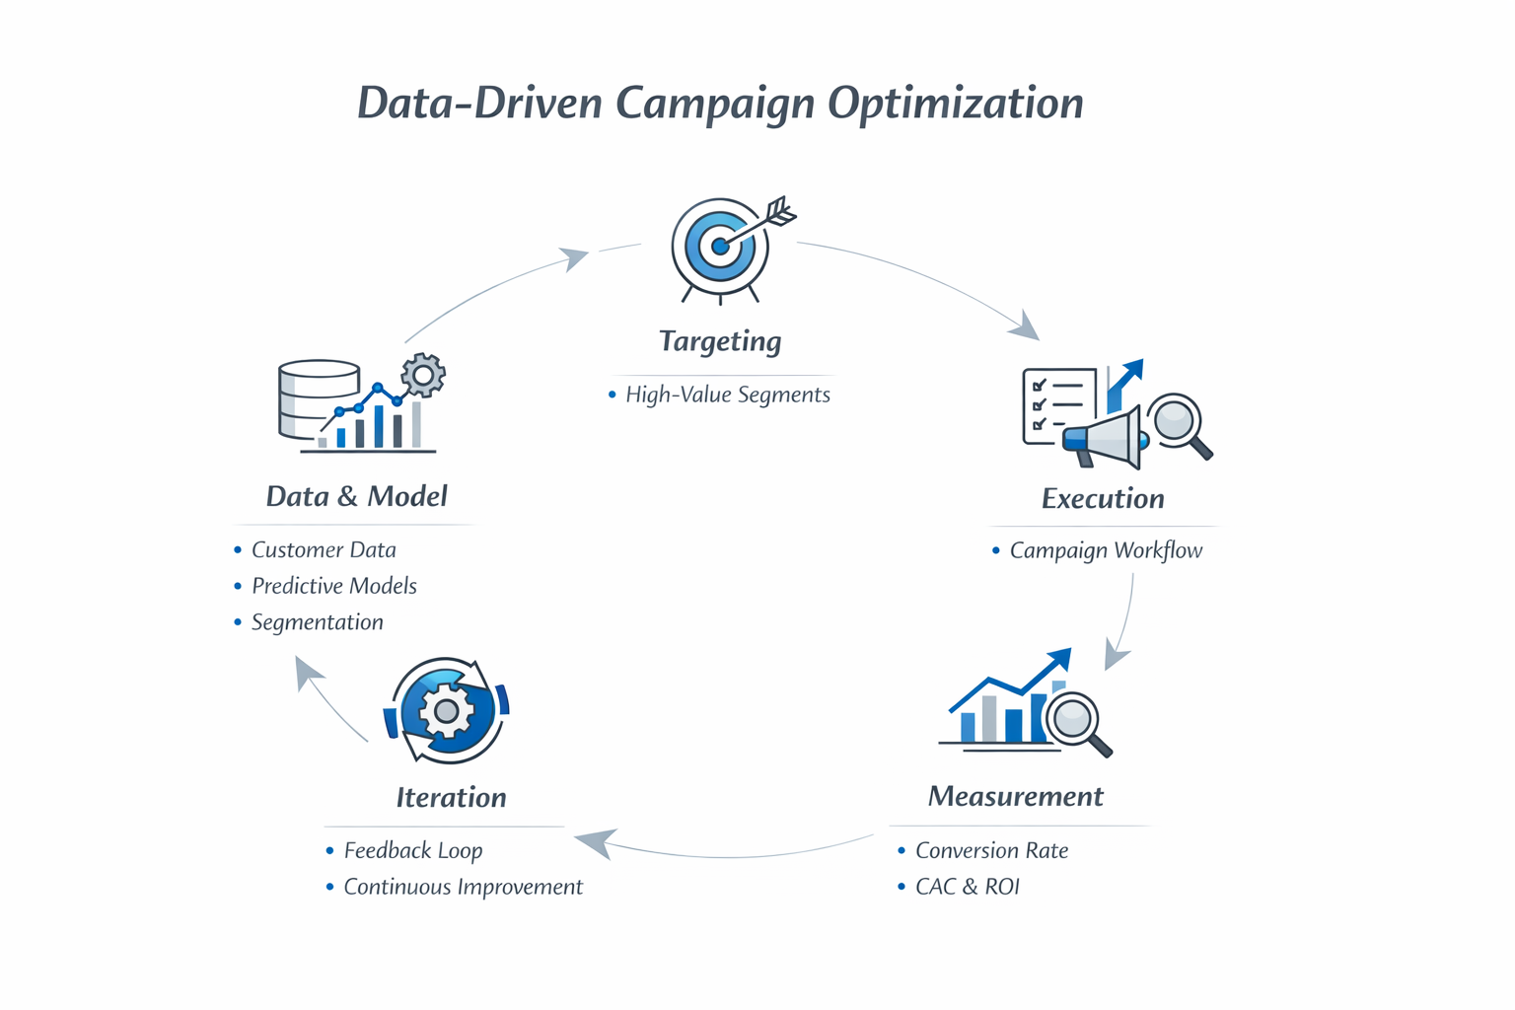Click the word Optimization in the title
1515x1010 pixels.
(955, 104)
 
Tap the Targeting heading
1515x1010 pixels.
(720, 341)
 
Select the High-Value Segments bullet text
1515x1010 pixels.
(728, 395)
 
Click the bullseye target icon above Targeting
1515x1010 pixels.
(720, 246)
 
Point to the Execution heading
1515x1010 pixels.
(1103, 498)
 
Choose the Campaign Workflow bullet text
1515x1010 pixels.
(1106, 550)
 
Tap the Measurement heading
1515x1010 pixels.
(1015, 796)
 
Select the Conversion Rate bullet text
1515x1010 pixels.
(991, 850)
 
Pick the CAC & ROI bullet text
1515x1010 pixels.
(967, 887)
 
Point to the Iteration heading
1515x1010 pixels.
(451, 797)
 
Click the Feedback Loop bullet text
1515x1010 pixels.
(412, 850)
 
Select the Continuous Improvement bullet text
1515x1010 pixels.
(463, 887)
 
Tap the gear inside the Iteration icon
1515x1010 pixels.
(446, 710)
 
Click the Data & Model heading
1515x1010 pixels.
(356, 496)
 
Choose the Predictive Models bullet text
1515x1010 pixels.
(333, 586)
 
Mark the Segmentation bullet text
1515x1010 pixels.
(317, 622)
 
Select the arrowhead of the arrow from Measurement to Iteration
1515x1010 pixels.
(594, 841)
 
